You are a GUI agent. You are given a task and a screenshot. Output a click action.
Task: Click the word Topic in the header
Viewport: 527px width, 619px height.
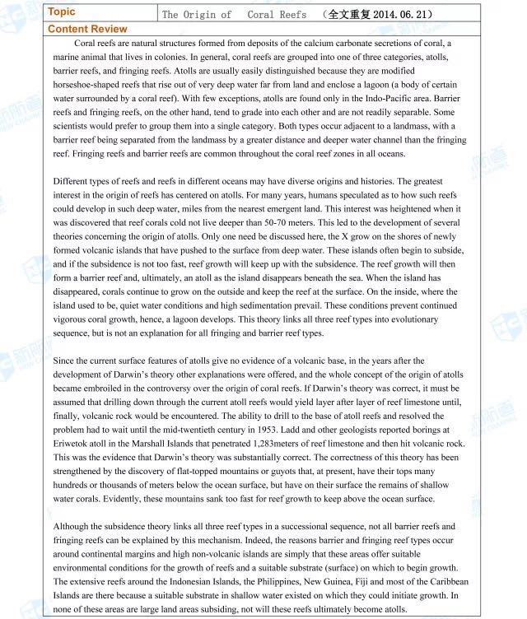[x=62, y=12]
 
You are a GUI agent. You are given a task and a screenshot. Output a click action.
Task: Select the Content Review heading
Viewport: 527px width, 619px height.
[x=87, y=29]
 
